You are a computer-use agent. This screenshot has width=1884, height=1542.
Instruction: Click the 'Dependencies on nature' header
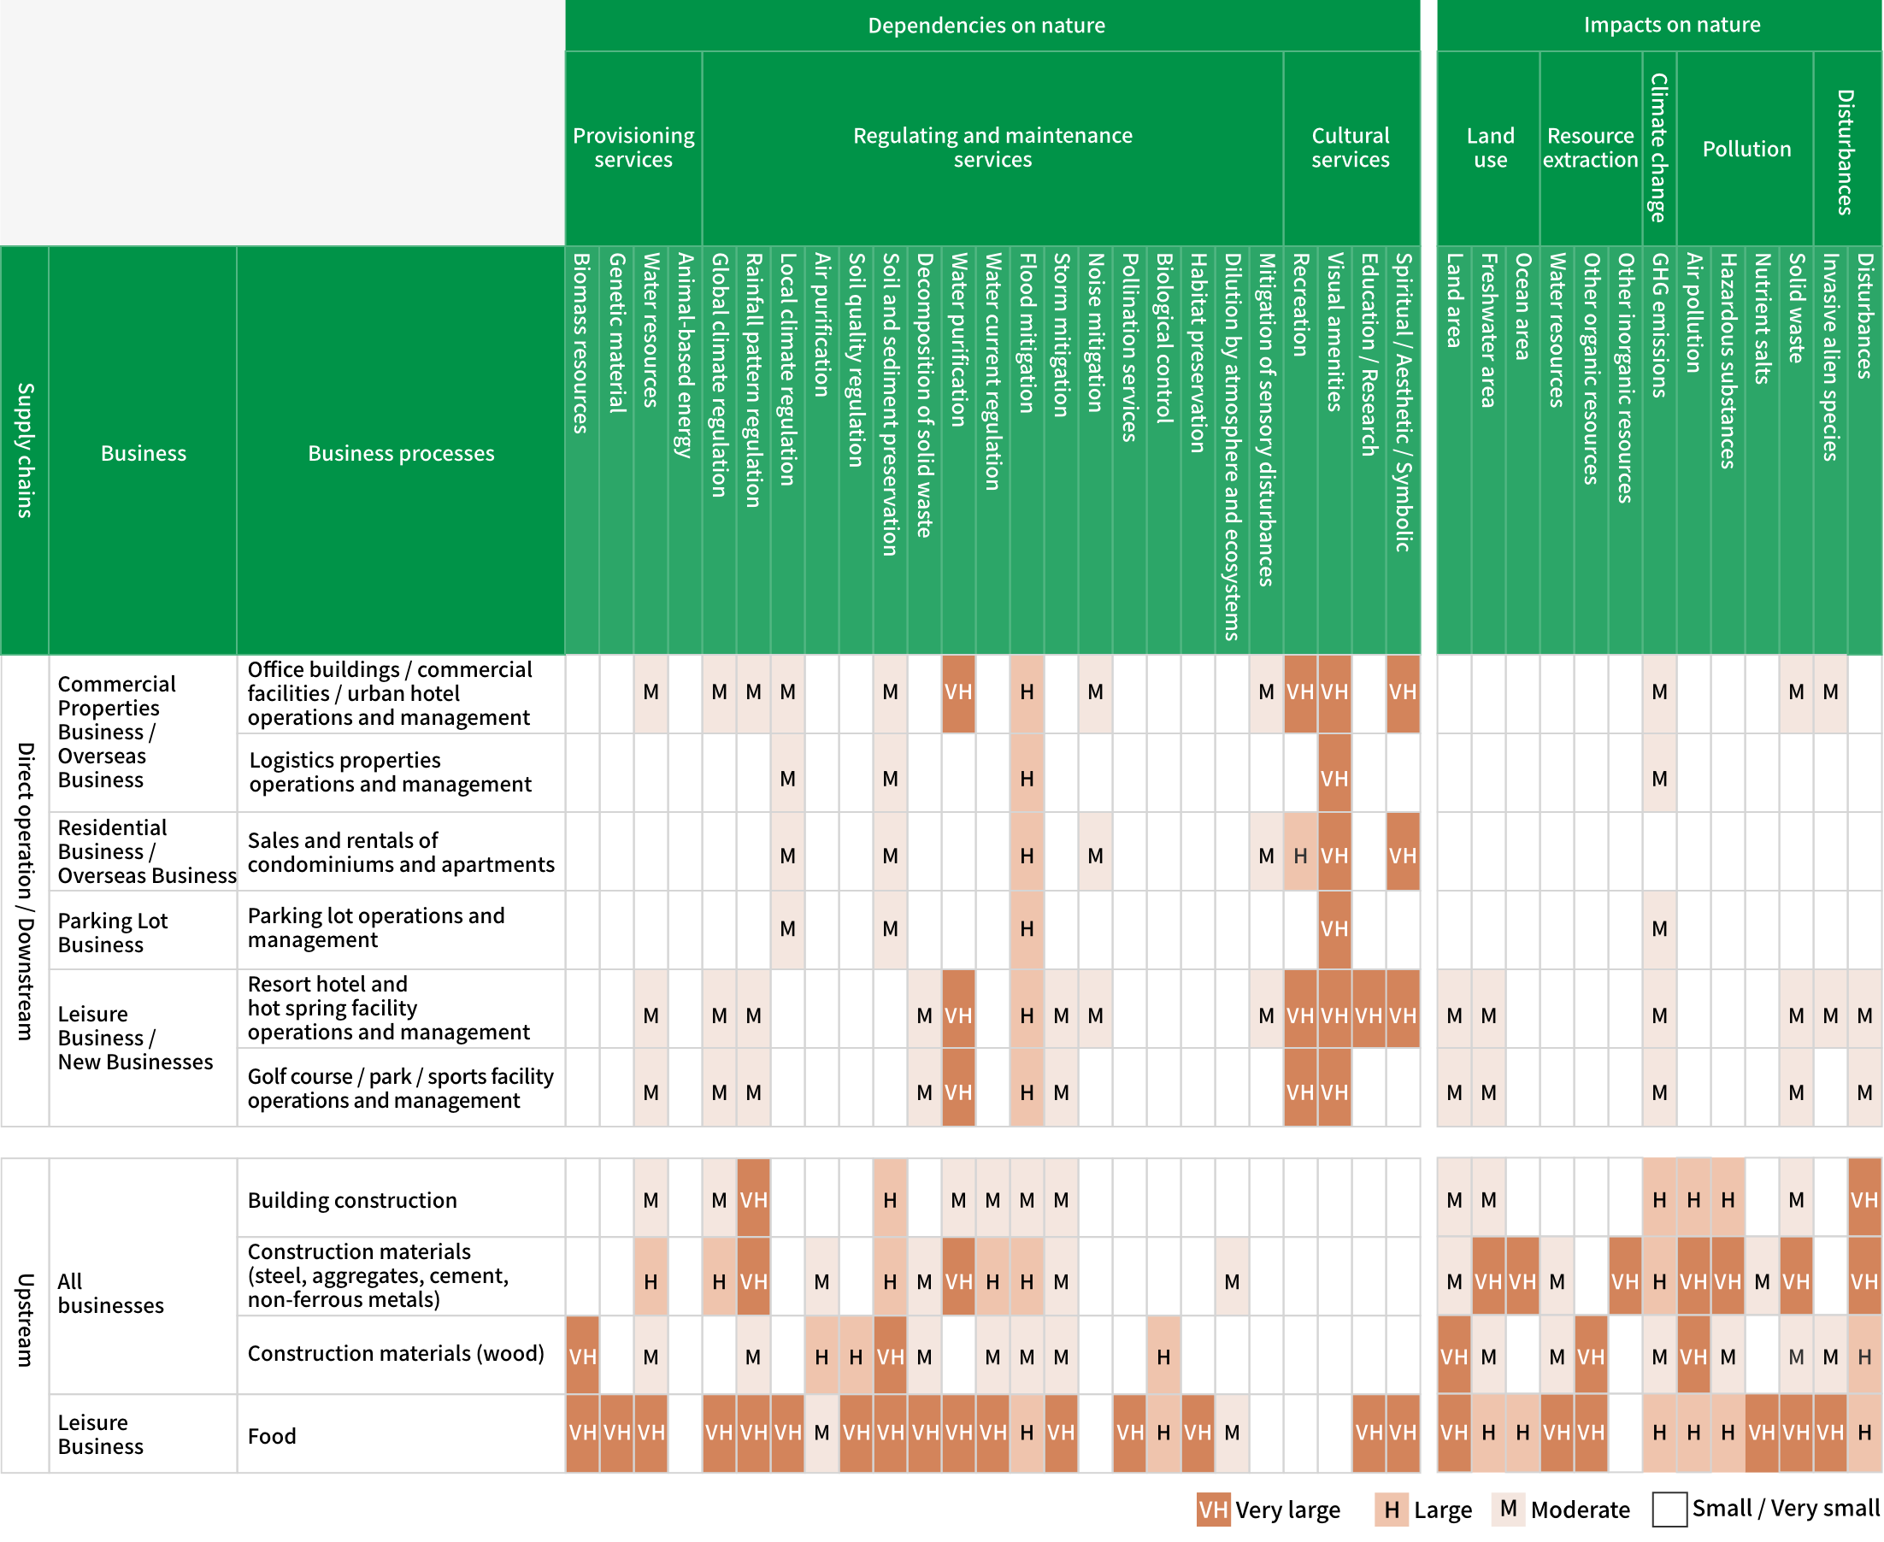986,25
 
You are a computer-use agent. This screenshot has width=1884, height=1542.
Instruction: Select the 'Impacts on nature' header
1672,24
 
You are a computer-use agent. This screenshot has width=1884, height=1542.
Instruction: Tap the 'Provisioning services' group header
633,148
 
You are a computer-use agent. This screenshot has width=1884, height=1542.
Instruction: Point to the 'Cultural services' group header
1350,148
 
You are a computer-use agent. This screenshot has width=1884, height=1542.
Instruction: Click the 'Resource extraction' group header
1590,148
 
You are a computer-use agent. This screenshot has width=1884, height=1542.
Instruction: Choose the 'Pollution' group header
1746,149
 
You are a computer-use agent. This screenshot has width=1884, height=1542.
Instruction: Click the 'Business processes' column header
401,453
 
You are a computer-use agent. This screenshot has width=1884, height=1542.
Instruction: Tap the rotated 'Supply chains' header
25,450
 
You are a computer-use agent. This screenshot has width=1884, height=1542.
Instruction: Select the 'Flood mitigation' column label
1027,333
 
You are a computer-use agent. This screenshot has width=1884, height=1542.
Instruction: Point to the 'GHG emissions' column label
1659,325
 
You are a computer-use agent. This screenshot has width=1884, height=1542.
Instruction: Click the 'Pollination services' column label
1130,347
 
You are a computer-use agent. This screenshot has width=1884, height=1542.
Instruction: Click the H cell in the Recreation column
1300,856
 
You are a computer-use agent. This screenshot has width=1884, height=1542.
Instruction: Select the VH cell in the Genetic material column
617,1433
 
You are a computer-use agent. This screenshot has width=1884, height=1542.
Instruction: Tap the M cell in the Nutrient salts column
1763,1282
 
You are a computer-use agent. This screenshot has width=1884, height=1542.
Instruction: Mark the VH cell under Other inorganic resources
1625,1282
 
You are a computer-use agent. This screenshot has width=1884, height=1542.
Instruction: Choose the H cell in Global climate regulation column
720,1282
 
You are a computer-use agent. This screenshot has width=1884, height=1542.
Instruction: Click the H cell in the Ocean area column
1522,1433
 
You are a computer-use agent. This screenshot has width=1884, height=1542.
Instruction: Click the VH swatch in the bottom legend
1213,1510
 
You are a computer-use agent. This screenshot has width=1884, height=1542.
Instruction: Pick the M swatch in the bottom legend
1507,1509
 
